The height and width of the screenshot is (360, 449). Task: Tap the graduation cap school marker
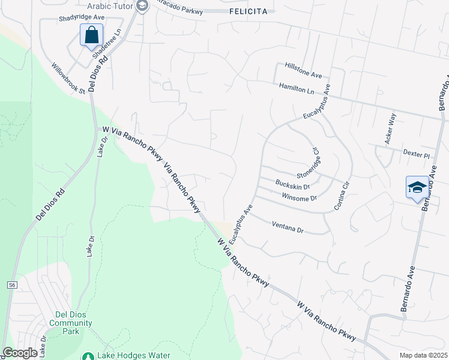point(417,188)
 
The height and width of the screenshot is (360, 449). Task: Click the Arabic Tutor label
point(113,6)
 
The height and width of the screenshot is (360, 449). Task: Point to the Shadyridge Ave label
point(82,19)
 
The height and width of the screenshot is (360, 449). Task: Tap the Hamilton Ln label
point(297,88)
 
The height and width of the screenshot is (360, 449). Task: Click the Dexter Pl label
point(417,155)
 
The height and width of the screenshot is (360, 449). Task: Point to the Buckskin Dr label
point(292,185)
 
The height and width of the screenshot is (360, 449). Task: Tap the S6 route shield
point(12,285)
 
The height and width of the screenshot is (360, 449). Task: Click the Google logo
point(20,353)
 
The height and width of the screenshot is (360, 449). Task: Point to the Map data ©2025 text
point(423,355)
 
